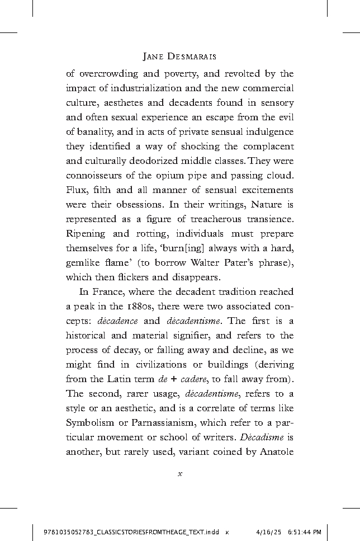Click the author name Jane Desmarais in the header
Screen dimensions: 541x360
point(179,57)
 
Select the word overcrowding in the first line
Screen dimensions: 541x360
point(106,73)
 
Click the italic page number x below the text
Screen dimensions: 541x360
point(179,474)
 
